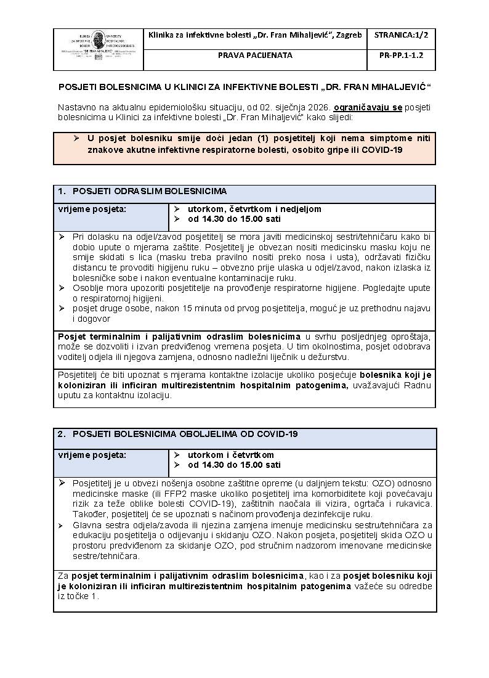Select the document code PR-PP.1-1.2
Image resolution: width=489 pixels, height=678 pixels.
[402, 55]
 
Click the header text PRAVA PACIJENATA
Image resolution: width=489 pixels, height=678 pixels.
[255, 55]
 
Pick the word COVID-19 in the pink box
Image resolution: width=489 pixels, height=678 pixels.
[382, 150]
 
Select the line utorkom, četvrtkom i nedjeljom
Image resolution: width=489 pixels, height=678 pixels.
[254, 209]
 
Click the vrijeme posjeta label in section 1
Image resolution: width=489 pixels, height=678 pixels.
[92, 209]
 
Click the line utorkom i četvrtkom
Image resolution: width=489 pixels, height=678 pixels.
[231, 455]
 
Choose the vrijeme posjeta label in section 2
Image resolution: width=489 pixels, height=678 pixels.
[92, 455]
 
